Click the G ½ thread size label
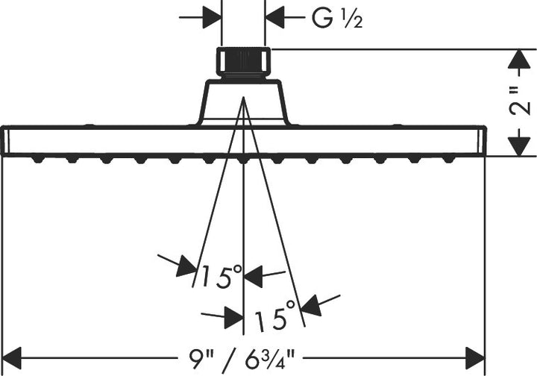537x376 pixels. tap(337, 18)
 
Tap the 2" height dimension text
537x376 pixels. tap(520, 101)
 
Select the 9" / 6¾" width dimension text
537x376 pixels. tap(242, 358)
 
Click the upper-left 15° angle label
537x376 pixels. tap(222, 275)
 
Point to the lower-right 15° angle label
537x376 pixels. tap(274, 315)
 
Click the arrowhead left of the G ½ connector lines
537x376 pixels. tap(212, 17)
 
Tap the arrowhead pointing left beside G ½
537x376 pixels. tap(274, 17)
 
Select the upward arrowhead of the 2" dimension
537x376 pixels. tap(520, 59)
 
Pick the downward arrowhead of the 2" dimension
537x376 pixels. tap(520, 146)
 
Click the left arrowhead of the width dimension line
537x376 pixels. tap(13, 359)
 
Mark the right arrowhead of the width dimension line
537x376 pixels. tap(476, 359)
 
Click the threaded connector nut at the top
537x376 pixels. tap(243, 62)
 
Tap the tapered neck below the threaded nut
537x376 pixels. tap(243, 102)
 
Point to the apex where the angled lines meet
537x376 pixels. tap(243, 97)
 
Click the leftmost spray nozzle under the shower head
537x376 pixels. tap(38, 159)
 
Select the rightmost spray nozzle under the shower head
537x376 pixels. tap(449, 159)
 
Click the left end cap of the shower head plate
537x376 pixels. tap(5, 141)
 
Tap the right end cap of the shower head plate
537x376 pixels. tap(482, 141)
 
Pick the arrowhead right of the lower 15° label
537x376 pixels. tap(311, 305)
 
